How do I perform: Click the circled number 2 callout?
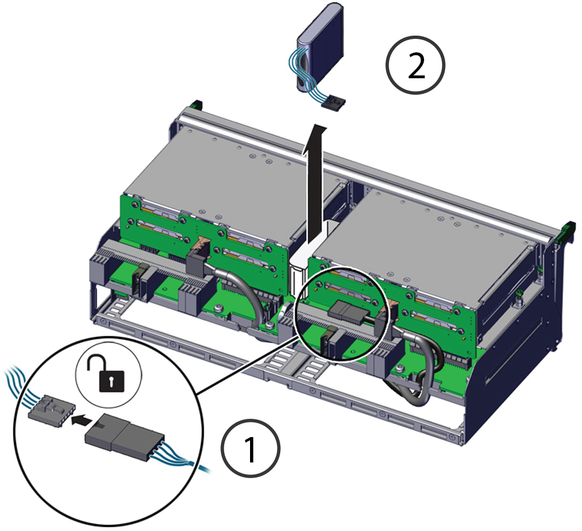click(x=415, y=65)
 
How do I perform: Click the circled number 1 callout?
click(x=251, y=448)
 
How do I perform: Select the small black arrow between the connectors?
click(x=81, y=420)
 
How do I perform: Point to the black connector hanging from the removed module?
click(x=333, y=101)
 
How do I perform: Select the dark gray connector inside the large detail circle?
click(x=123, y=435)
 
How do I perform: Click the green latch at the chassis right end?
click(x=568, y=232)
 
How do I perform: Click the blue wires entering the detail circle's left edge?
click(x=17, y=385)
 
